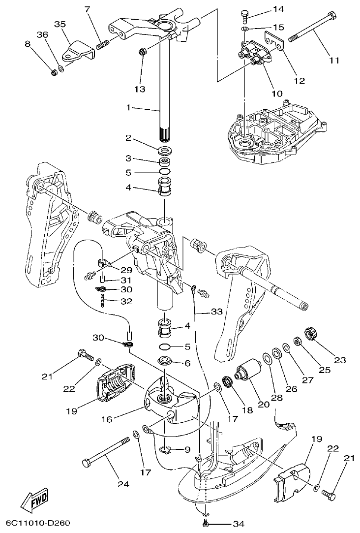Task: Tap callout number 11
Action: point(334,61)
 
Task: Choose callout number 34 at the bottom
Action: point(238,523)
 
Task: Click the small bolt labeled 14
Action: point(245,16)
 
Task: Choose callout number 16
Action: point(106,419)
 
